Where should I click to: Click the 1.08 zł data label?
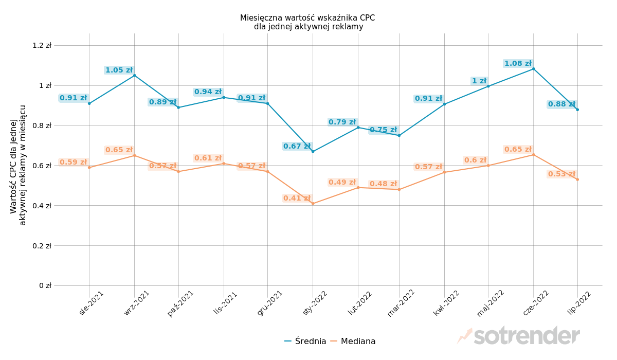pos(518,64)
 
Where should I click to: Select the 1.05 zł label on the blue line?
pos(119,70)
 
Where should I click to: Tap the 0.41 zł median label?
pos(297,199)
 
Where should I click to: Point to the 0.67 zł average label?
pos(297,147)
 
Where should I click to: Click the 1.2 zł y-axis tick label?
pos(42,45)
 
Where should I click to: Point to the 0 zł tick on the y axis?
pos(45,285)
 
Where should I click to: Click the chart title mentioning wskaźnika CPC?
pos(307,22)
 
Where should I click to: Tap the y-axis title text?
pos(18,165)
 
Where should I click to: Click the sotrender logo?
pos(519,336)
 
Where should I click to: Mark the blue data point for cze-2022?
pos(533,69)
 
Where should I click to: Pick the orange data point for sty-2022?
pos(313,204)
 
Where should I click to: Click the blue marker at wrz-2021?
pos(135,76)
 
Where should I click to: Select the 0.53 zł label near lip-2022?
pos(561,174)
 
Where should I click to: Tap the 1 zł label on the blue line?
pos(479,81)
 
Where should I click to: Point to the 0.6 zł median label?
pos(475,160)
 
